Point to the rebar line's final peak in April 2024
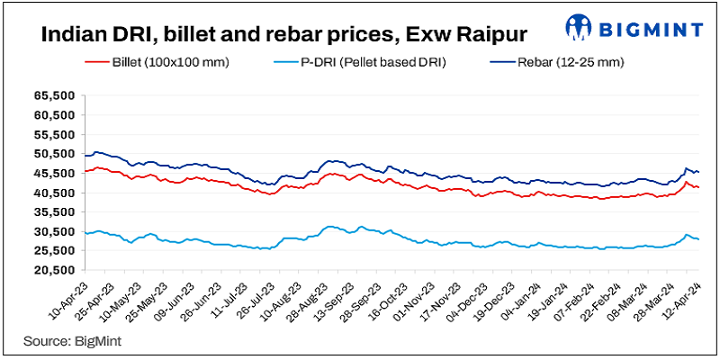(687, 168)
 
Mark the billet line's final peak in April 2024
(686, 183)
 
